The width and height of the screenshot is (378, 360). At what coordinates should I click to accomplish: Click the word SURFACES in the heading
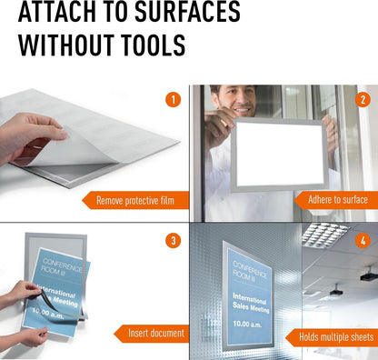(x=187, y=11)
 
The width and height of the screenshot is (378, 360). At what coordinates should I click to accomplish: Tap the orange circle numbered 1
(x=174, y=100)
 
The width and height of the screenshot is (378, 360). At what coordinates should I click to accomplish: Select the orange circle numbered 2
(x=363, y=100)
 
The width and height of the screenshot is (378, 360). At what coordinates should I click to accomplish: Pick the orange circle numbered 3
(x=174, y=241)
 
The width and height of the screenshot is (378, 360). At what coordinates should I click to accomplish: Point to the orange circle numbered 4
(x=363, y=241)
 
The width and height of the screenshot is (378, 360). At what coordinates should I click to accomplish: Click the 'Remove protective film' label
(x=135, y=201)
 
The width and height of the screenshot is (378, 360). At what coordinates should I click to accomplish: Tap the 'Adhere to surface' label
(x=338, y=200)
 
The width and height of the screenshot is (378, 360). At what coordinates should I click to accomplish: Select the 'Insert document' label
(x=156, y=334)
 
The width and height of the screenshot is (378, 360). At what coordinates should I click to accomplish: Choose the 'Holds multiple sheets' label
(x=336, y=337)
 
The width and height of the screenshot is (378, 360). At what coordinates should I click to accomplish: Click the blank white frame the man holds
(x=279, y=155)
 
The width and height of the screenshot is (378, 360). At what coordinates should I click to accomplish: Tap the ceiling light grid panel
(x=325, y=235)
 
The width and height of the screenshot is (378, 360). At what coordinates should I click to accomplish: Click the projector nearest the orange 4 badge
(x=369, y=275)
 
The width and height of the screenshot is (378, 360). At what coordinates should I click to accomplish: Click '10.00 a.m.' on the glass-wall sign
(x=247, y=324)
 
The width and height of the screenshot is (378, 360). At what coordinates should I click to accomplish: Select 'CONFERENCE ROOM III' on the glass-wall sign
(x=250, y=271)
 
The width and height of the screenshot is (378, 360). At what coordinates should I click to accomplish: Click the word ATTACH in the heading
(x=57, y=11)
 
